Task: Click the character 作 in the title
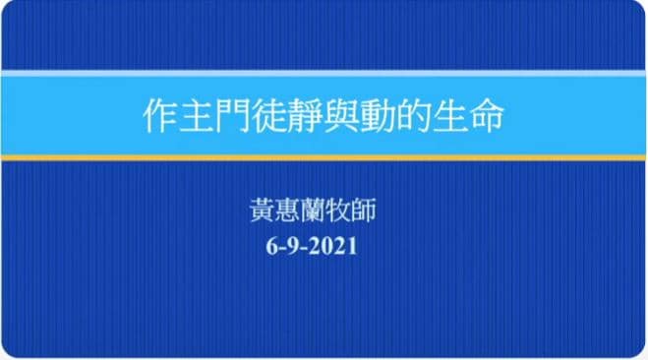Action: pyautogui.click(x=160, y=116)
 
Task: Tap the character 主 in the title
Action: pyautogui.click(x=197, y=116)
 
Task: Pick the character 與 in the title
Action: pyautogui.click(x=341, y=116)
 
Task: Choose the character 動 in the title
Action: pyautogui.click(x=378, y=116)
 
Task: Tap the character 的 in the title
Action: pyautogui.click(x=413, y=116)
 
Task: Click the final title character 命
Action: pyautogui.click(x=487, y=116)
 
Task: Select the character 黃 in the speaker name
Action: pyautogui.click(x=263, y=210)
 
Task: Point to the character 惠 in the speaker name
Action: pyautogui.click(x=288, y=210)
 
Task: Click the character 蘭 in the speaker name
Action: pyautogui.click(x=313, y=210)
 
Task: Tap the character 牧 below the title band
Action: pyautogui.click(x=338, y=210)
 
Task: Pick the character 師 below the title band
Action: pyautogui.click(x=363, y=210)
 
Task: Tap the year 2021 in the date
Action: pyautogui.click(x=333, y=246)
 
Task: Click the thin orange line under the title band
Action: pyautogui.click(x=324, y=157)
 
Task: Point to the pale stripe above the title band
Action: pyautogui.click(x=324, y=74)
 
